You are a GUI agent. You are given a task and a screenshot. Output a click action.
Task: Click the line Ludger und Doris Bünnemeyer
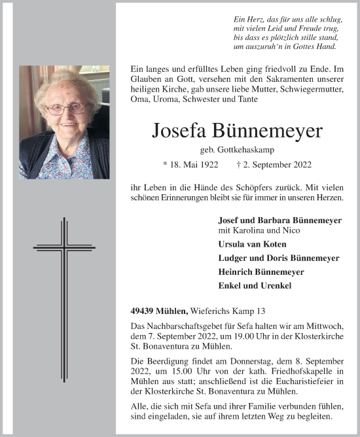click(278, 258)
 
